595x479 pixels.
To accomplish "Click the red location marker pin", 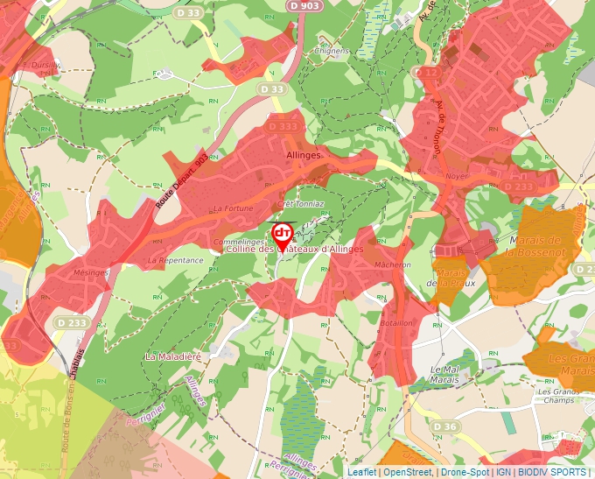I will pos(283,235).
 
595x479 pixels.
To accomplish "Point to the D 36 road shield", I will pos(445,426).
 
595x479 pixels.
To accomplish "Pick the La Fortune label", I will pos(233,208).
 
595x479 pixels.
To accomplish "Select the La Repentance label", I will pos(175,260).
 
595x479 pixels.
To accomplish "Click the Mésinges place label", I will pos(91,271).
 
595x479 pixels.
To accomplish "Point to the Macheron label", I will pos(392,264).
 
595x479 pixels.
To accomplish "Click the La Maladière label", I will pos(173,356).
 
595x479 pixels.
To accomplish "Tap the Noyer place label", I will pos(457,176).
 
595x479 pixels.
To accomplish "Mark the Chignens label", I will pos(332,51).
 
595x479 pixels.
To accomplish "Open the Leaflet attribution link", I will pos(361,472).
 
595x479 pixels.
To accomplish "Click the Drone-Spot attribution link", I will pos(464,472).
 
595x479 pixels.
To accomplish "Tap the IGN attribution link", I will pos(504,472).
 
